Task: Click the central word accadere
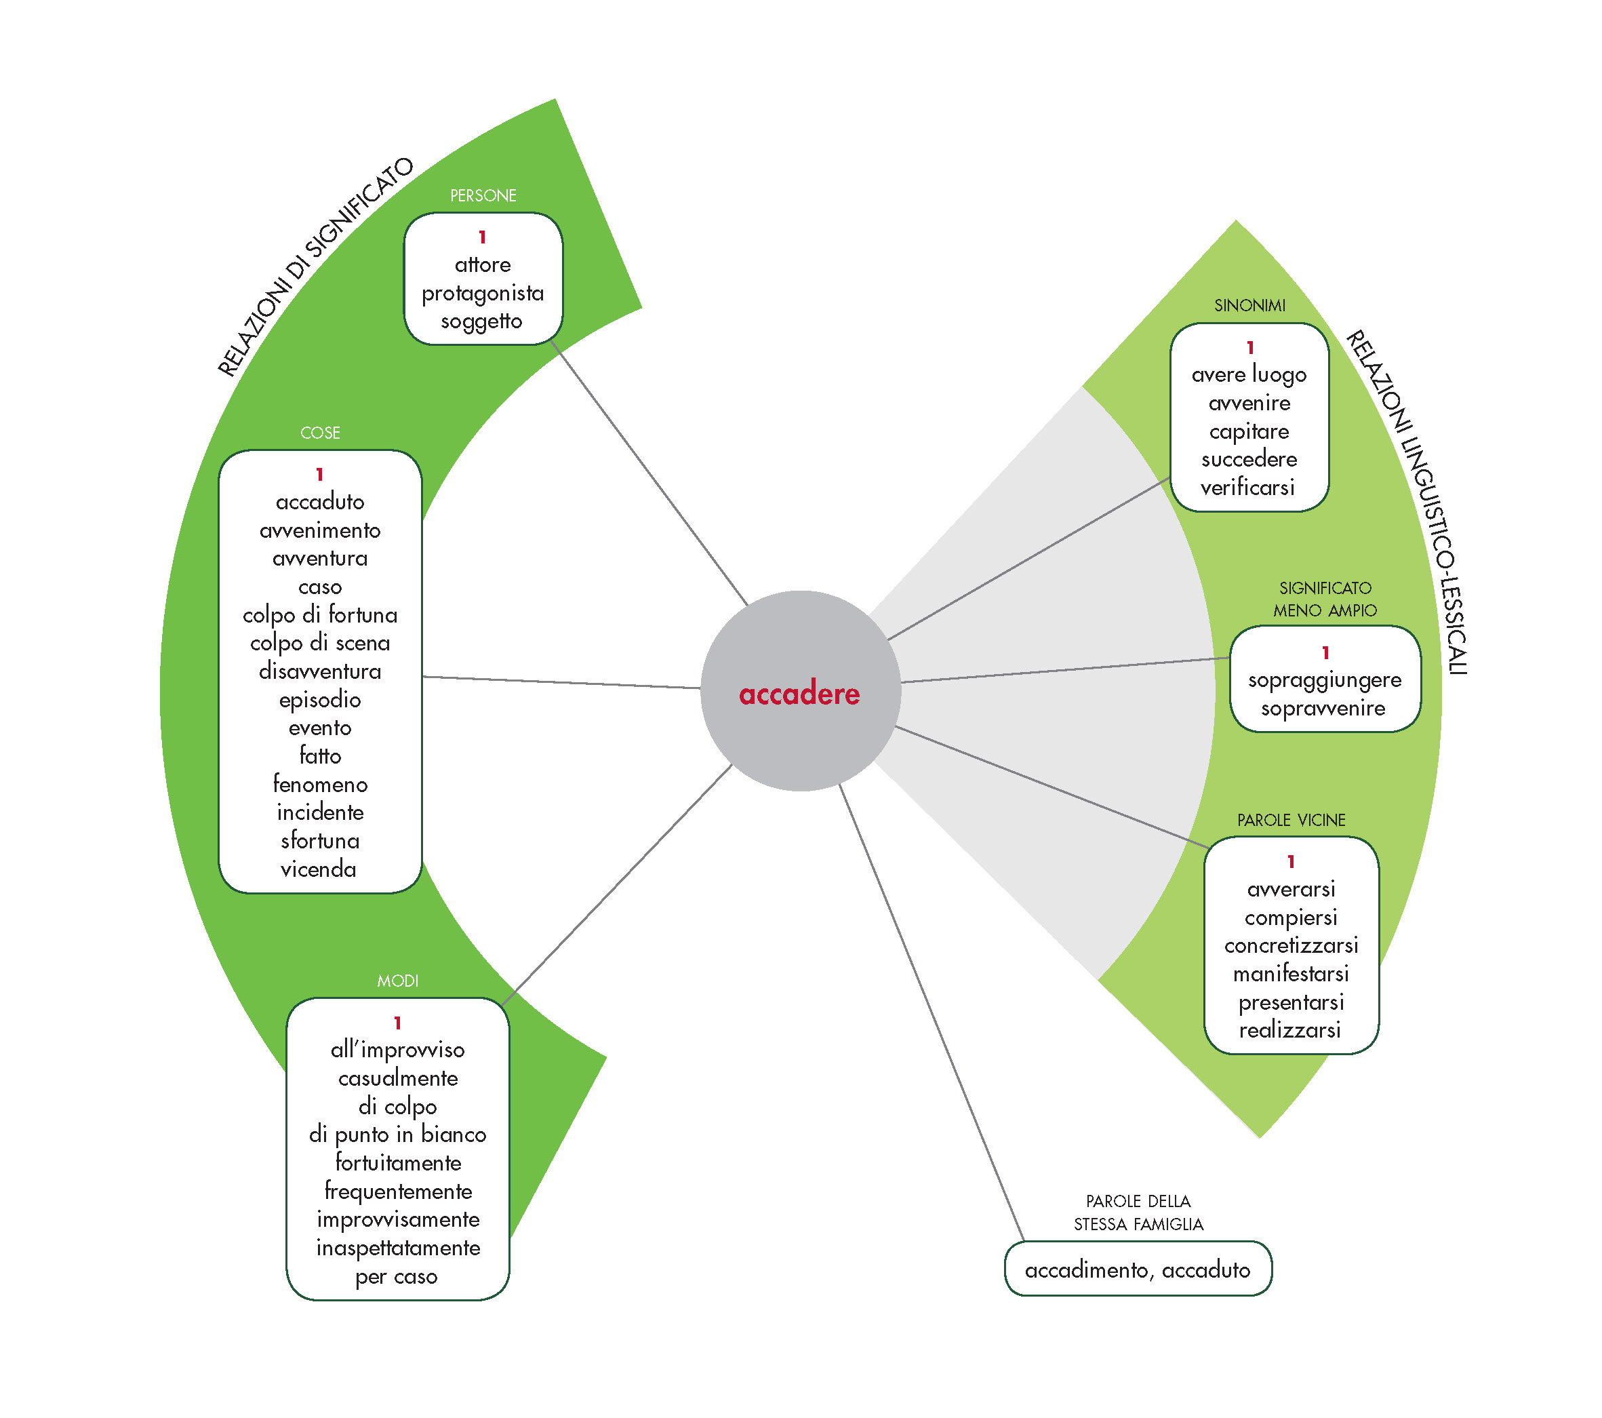799,694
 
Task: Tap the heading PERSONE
483,195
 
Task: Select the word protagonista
483,293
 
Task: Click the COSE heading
320,433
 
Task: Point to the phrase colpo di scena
320,643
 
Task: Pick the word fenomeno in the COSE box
320,784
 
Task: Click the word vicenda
318,869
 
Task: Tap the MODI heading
397,981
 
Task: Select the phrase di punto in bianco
397,1135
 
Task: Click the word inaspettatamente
398,1247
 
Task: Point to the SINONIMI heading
1249,306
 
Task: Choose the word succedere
1249,459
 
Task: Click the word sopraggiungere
1325,680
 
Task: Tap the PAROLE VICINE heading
1291,820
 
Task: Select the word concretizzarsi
1291,945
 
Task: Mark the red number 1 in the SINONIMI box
1250,347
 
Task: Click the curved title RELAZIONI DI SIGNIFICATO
313,267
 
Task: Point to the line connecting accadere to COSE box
561,682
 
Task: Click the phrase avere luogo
1249,375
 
